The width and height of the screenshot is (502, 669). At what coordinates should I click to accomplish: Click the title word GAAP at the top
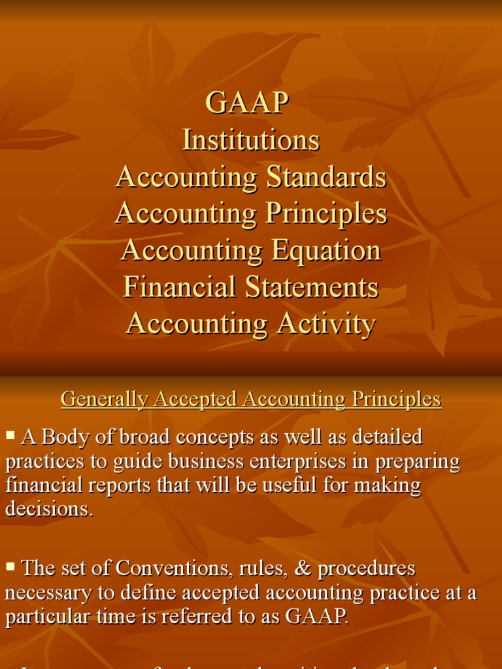247,103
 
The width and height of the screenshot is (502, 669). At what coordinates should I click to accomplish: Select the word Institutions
251,140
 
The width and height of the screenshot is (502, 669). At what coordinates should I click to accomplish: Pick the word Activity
324,324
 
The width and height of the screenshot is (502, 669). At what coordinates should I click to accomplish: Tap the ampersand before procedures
302,568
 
